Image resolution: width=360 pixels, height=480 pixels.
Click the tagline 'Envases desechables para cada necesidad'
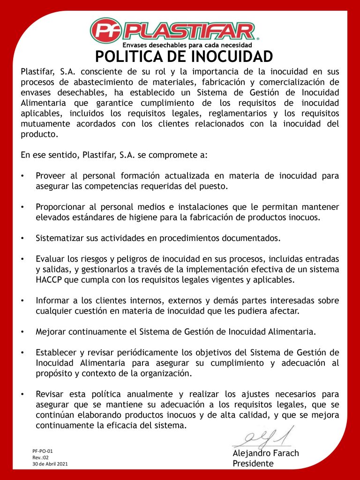tap(187, 45)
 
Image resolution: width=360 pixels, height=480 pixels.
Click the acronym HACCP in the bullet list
tap(48, 280)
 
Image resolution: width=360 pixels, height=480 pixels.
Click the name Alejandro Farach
tap(266, 453)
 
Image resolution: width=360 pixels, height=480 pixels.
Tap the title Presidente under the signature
tap(253, 464)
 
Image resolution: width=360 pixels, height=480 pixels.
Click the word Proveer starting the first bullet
tap(51, 176)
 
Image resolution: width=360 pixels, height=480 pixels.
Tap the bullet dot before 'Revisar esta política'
tap(22, 395)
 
